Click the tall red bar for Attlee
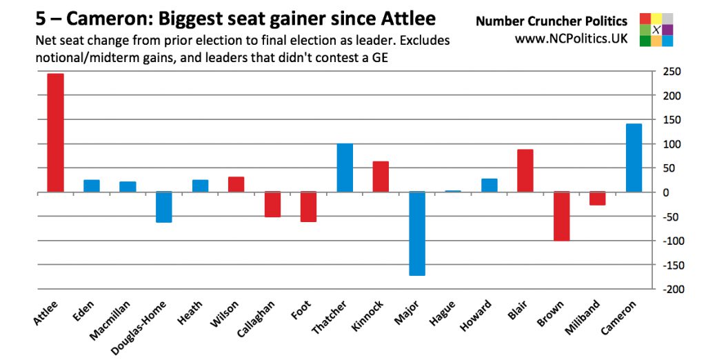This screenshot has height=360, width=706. [x=55, y=132]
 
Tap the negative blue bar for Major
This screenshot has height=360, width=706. [x=416, y=234]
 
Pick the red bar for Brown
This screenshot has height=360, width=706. [x=562, y=217]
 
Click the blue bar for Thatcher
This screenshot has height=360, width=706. [x=345, y=168]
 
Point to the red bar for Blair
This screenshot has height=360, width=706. [x=525, y=170]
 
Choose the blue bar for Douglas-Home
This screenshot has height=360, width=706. [x=163, y=207]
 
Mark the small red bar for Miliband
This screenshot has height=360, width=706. [x=597, y=199]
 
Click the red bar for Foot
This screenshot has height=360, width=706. [x=308, y=207]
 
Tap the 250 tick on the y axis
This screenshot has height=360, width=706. [x=672, y=72]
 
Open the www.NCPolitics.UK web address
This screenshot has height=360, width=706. [x=571, y=39]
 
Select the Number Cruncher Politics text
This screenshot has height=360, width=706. [x=552, y=21]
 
